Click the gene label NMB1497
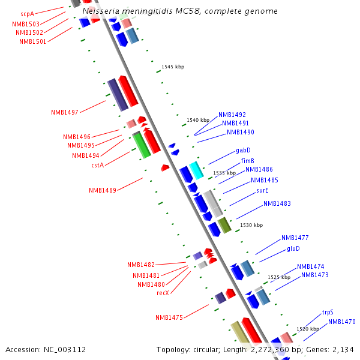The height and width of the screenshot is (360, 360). tap(65, 112)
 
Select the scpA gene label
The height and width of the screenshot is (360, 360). tap(28, 13)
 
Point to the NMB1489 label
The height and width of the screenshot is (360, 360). tap(103, 190)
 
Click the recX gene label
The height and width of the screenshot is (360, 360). tap(163, 293)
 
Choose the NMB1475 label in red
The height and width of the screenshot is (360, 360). tap(169, 317)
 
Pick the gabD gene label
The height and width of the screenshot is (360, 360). tap(243, 150)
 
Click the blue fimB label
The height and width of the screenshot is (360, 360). tap(248, 161)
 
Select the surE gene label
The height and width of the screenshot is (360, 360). tap(262, 190)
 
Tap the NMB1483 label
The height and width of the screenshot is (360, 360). tap(277, 203)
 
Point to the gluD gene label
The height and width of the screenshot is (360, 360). tap(293, 248)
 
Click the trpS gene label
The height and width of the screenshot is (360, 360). tap(328, 312)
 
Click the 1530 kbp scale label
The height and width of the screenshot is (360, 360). tap(251, 225)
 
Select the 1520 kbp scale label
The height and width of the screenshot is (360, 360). tap(308, 329)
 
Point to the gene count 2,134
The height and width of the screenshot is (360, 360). tap(343, 349)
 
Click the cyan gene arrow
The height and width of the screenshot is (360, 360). tap(196, 170)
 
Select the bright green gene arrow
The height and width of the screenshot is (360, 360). tap(141, 145)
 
